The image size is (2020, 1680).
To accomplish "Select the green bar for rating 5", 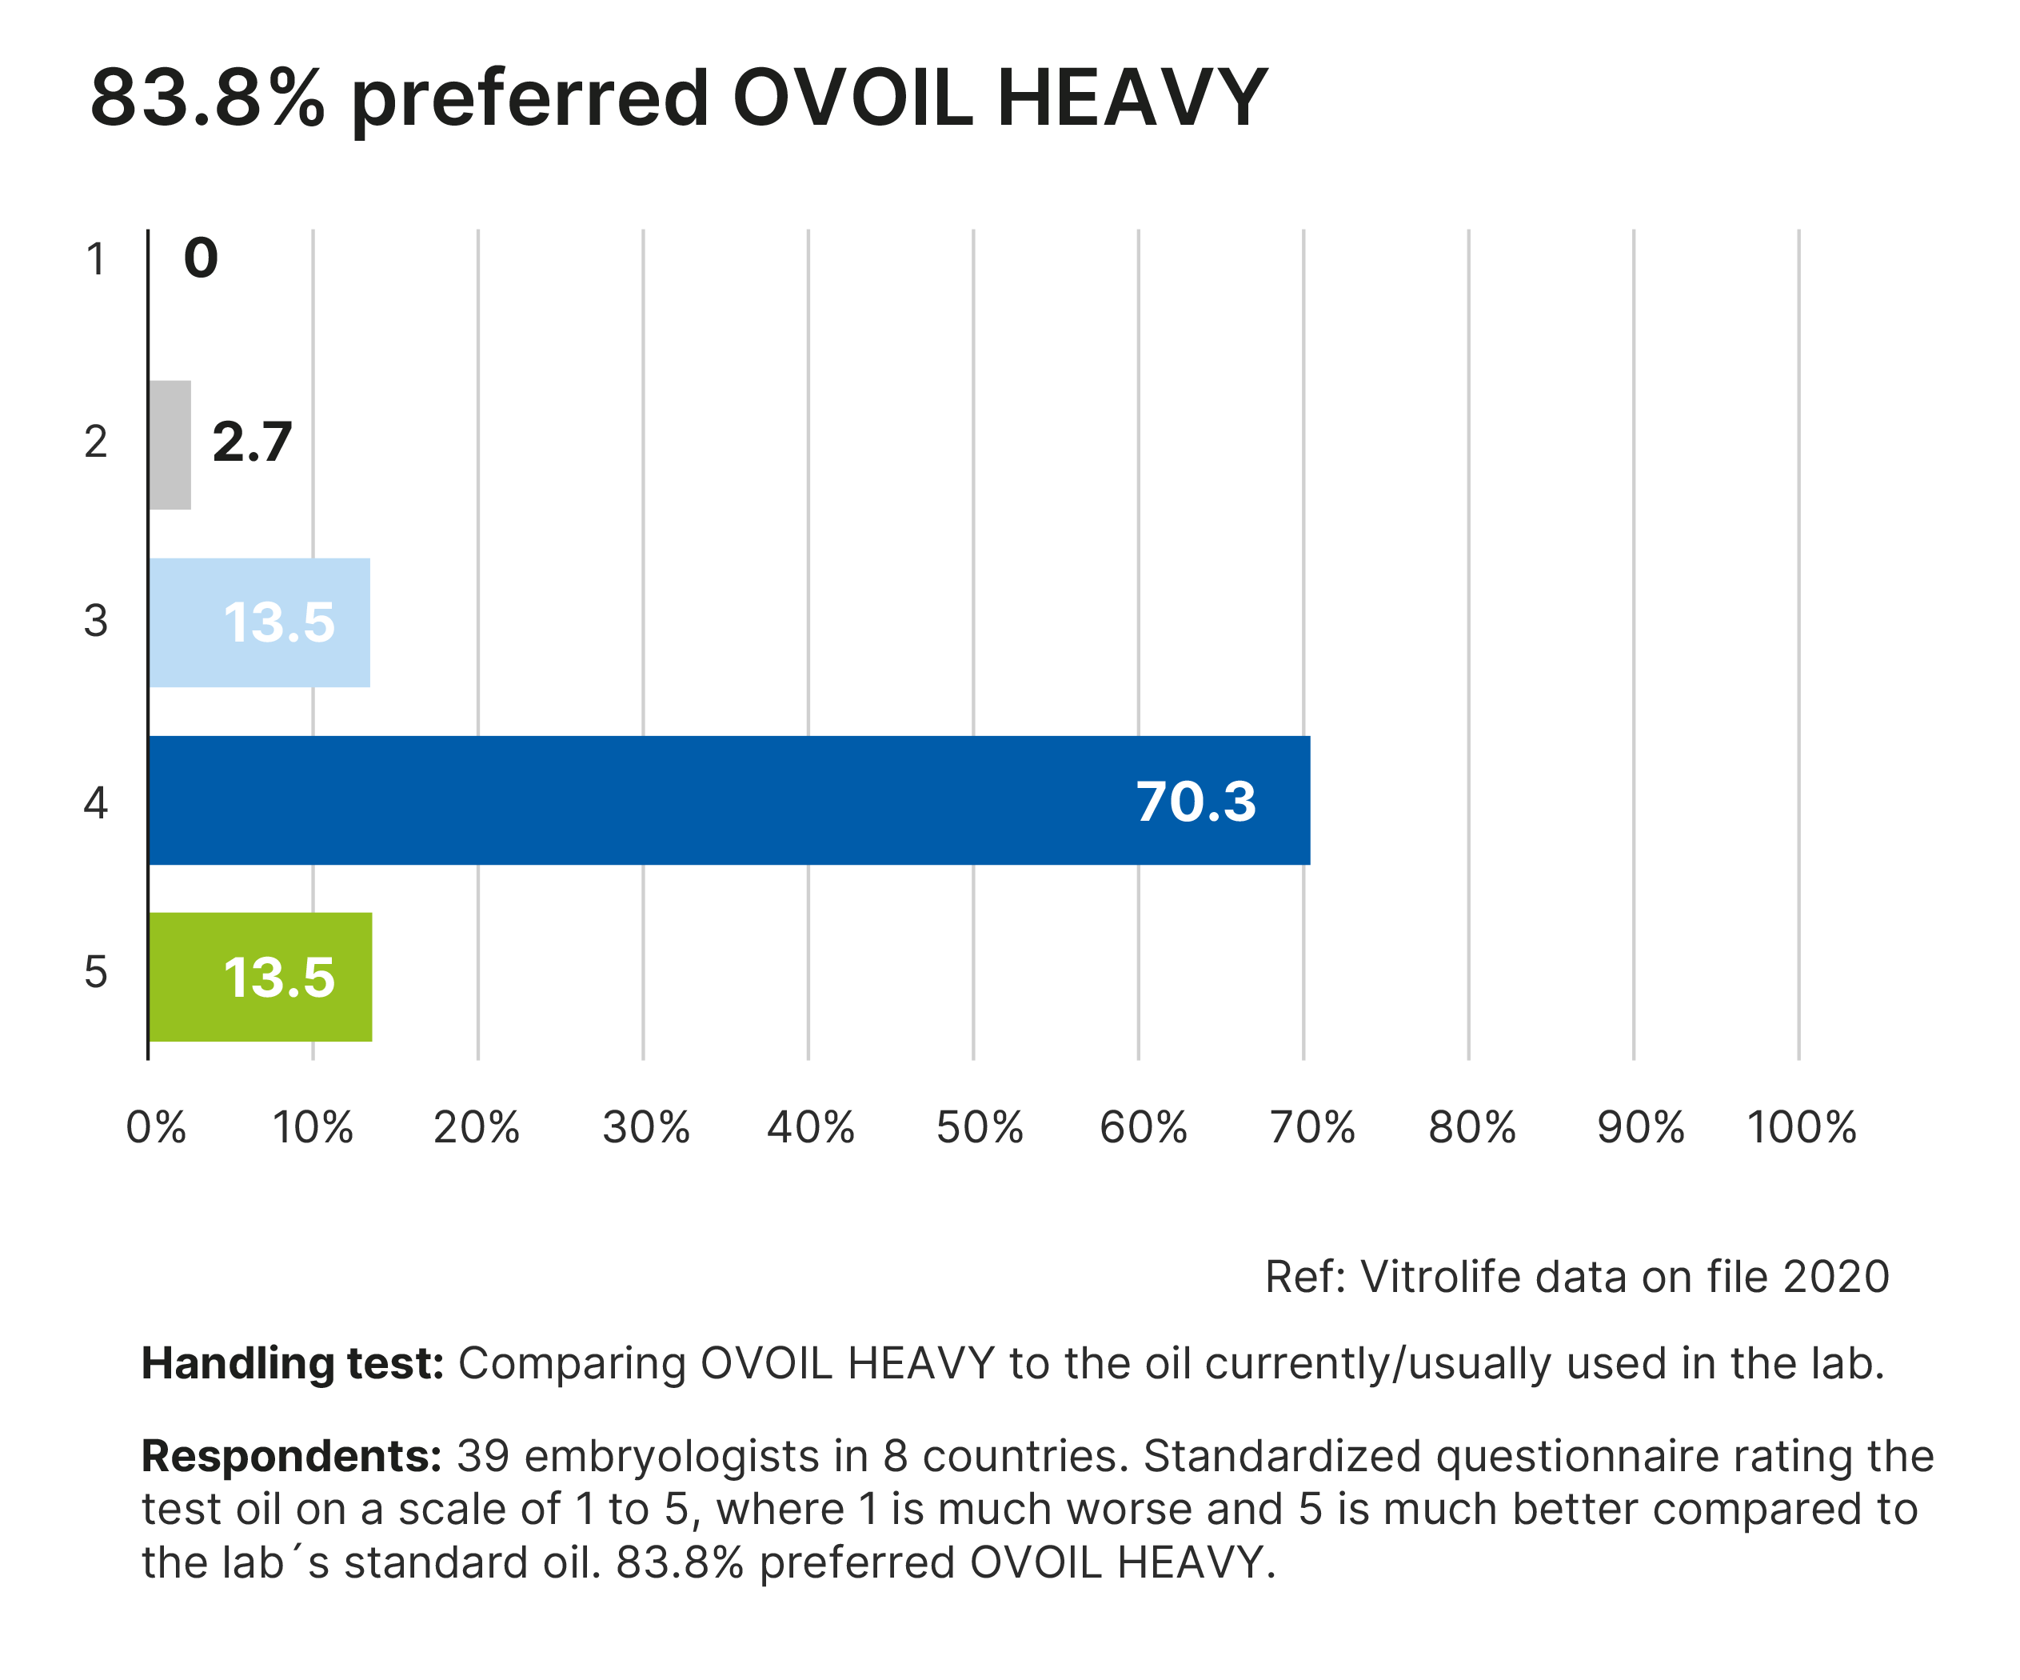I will [261, 977].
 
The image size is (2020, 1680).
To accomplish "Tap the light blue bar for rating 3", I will [260, 622].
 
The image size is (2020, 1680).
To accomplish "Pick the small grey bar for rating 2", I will [170, 445].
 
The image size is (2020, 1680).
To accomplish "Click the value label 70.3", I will [1196, 802].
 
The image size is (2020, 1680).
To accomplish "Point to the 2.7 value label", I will [252, 442].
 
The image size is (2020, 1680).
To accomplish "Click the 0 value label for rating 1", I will [201, 258].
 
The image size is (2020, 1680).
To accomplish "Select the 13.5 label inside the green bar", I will [279, 978].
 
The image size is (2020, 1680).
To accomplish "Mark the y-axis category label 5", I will [96, 972].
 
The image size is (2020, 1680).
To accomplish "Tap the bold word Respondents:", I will [291, 1456].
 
